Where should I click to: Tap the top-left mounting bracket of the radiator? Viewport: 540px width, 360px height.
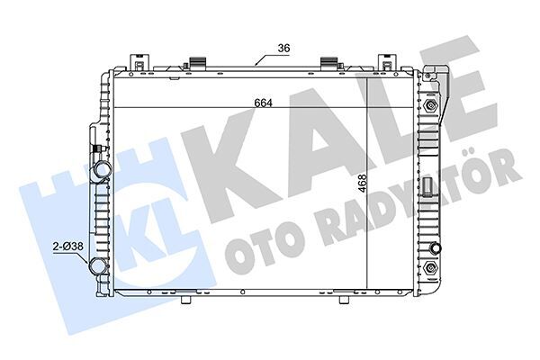coord(139,63)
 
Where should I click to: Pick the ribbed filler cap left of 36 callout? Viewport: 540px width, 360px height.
coord(195,65)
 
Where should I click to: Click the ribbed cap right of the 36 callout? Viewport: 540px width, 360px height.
coord(329,65)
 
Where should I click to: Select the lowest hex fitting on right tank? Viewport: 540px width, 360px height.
coord(435,269)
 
